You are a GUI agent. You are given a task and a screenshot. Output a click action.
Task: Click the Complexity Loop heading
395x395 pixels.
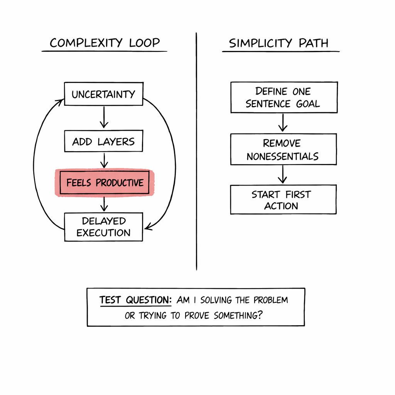pyautogui.click(x=105, y=43)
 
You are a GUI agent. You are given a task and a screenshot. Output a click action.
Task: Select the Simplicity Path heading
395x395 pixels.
pyautogui.click(x=279, y=43)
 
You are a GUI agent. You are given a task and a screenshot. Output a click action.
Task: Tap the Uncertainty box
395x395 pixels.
pyautogui.click(x=103, y=94)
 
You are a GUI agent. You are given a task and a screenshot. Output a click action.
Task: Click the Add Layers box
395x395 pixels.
pyautogui.click(x=103, y=142)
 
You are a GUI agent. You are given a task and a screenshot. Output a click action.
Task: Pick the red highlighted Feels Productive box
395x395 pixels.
pyautogui.click(x=105, y=182)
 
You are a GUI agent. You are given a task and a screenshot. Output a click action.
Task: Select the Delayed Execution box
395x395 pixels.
pyautogui.click(x=103, y=227)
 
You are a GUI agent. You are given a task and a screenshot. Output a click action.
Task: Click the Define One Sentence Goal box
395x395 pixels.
pyautogui.click(x=284, y=97)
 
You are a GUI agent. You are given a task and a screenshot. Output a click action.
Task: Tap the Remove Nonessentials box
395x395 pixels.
pyautogui.click(x=283, y=150)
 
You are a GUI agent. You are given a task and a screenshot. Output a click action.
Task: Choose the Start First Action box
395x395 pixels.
pyautogui.click(x=283, y=199)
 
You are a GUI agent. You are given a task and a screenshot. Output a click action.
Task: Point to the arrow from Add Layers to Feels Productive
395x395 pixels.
pyautogui.click(x=103, y=160)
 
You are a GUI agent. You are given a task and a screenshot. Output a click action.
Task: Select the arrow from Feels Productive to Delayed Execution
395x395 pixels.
pyautogui.click(x=104, y=204)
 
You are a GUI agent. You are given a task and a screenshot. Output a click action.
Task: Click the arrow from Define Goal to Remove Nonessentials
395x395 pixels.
pyautogui.click(x=283, y=123)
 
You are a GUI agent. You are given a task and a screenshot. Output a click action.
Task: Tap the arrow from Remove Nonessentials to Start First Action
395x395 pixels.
pyautogui.click(x=283, y=174)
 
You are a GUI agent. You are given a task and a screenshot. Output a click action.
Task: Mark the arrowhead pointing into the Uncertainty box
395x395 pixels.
pyautogui.click(x=60, y=101)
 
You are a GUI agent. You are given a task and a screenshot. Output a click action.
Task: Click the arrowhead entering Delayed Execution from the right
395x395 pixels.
pyautogui.click(x=148, y=228)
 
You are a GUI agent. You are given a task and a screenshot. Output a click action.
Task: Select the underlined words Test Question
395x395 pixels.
pyautogui.click(x=135, y=300)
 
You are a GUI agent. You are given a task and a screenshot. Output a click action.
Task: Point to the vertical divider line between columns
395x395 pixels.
pyautogui.click(x=196, y=154)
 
